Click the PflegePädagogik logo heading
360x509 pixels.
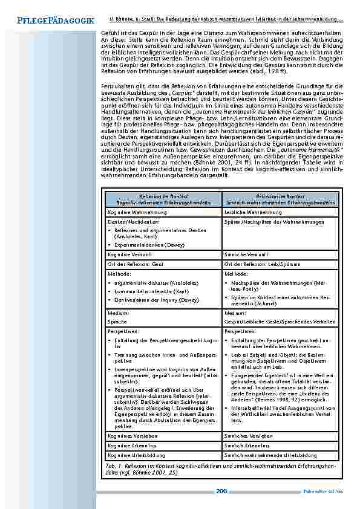click(56, 20)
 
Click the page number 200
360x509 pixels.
click(221, 491)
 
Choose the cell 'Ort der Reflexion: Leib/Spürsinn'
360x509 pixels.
click(258, 264)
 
